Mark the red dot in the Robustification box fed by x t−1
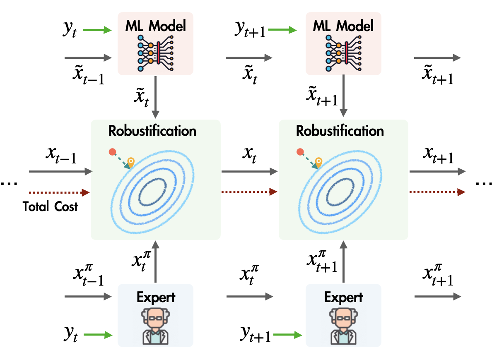(112, 152)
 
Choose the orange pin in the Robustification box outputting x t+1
(318, 162)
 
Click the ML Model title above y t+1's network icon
(343, 26)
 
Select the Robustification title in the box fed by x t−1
(152, 131)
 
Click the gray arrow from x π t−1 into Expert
(88, 297)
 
